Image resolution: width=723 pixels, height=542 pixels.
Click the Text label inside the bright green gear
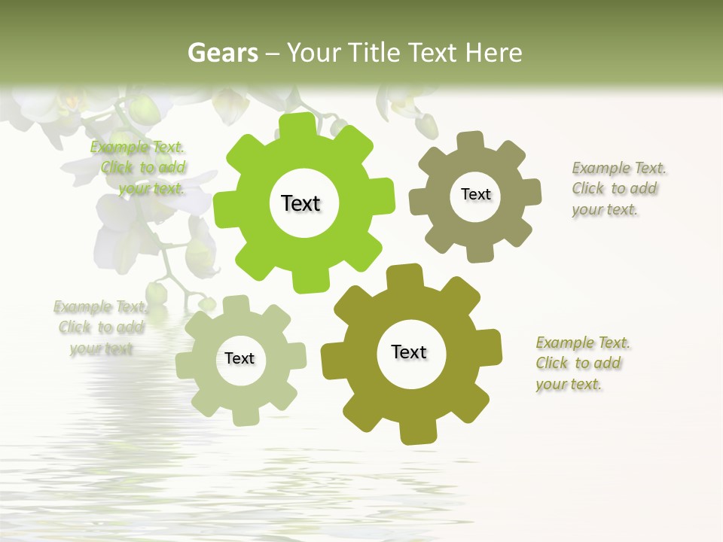pos(300,203)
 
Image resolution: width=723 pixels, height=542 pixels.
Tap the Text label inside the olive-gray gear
pos(475,194)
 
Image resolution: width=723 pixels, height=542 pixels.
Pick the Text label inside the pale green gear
pos(239,358)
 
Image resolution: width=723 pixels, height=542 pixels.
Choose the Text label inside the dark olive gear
pos(409,352)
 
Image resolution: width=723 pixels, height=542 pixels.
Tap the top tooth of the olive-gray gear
pos(471,140)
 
